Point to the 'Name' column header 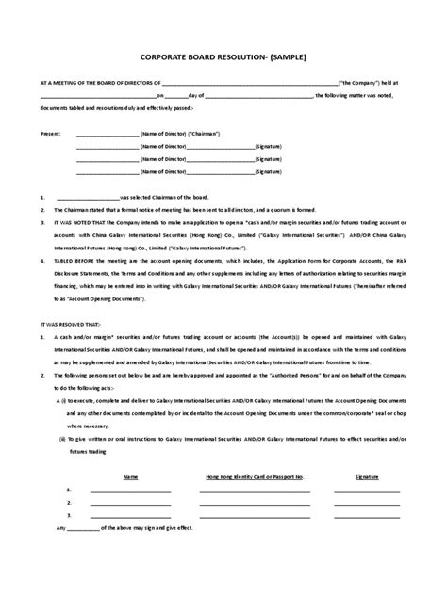[131, 477]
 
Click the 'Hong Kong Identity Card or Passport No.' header [253, 477]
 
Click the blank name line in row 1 [130, 491]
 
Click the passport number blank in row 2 [253, 504]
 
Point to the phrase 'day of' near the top [196, 96]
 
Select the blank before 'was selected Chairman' [88, 197]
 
